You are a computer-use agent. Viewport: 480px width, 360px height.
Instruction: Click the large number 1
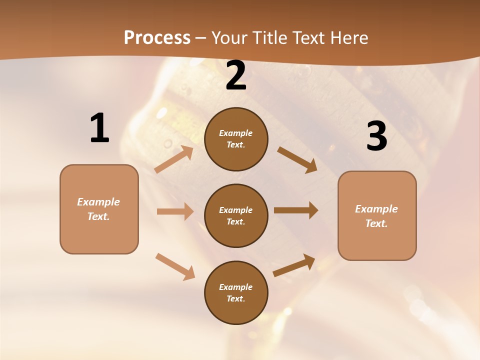(99, 128)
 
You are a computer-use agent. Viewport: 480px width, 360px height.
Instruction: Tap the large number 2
(236, 76)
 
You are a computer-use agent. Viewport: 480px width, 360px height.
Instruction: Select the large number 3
(376, 136)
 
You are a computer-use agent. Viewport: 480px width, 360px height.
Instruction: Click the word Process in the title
(157, 37)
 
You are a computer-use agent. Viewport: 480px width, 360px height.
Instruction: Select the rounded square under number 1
(99, 209)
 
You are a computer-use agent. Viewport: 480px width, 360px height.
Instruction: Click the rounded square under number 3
(377, 215)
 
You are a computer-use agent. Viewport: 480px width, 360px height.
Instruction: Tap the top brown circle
(236, 139)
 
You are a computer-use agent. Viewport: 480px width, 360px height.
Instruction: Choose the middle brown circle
(236, 215)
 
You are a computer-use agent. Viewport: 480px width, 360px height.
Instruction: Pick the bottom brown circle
(236, 292)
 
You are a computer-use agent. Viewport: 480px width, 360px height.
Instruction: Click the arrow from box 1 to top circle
(174, 159)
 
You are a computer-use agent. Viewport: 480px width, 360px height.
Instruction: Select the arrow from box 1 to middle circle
(175, 211)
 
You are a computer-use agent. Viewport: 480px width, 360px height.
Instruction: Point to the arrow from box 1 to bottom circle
(175, 266)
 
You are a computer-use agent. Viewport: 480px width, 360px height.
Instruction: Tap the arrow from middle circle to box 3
(296, 210)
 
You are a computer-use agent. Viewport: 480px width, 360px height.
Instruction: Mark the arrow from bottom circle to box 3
(294, 265)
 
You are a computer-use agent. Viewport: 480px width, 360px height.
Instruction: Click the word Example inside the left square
(98, 202)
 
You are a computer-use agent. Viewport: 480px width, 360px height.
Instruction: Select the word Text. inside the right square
(376, 223)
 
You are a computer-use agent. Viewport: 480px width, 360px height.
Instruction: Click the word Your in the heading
(229, 37)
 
